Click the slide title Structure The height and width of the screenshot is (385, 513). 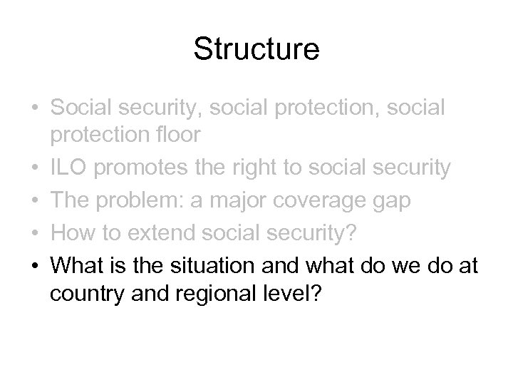click(256, 51)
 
